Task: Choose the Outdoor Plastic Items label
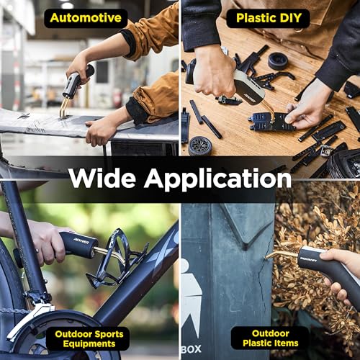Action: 270,338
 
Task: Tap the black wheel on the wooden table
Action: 199,145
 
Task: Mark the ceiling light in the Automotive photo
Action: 66,5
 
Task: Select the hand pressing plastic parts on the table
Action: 307,108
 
